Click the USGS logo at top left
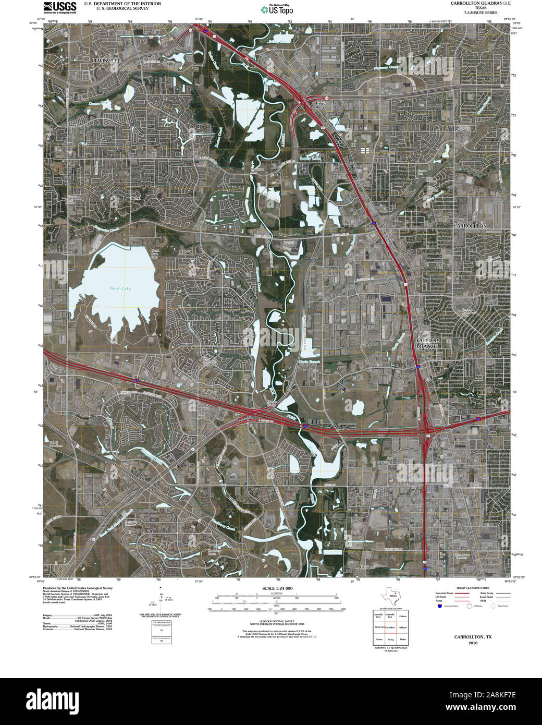click(x=60, y=7)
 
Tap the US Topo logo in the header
click(x=277, y=9)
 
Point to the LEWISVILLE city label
click(x=106, y=61)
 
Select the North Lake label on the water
click(x=120, y=288)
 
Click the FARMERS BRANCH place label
click(x=428, y=343)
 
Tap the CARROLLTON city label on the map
click(x=470, y=226)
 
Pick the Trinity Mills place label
click(x=319, y=105)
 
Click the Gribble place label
click(x=384, y=463)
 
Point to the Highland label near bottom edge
click(x=367, y=567)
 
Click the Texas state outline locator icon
click(x=392, y=595)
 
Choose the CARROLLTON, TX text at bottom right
click(x=473, y=637)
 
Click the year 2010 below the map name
click(x=473, y=643)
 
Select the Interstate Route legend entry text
click(x=446, y=594)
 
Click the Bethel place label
click(x=137, y=198)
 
